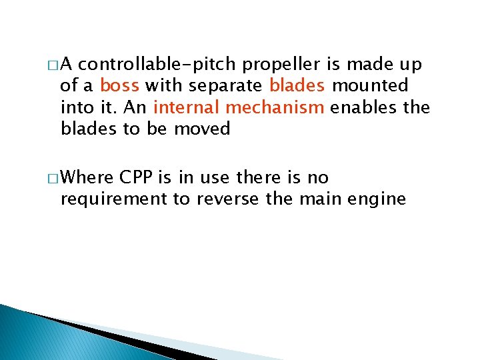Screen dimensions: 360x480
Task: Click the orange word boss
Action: click(x=119, y=86)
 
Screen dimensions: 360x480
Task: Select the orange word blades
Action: click(x=297, y=86)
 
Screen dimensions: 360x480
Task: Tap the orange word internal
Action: click(x=187, y=107)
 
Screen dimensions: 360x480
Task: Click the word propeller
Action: click(x=277, y=65)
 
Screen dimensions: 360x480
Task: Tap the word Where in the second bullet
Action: click(x=91, y=178)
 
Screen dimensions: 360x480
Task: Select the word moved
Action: click(x=201, y=129)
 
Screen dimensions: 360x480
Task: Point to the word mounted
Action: click(x=370, y=86)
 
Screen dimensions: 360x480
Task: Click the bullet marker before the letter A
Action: click(x=53, y=65)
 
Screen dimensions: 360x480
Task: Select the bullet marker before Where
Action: click(x=53, y=179)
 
